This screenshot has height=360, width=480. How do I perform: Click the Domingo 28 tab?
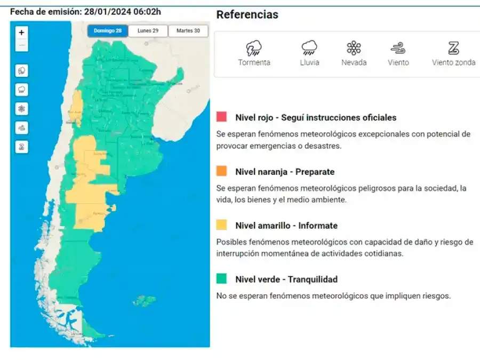pyautogui.click(x=108, y=31)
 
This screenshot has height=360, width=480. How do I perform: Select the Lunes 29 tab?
pyautogui.click(x=148, y=31)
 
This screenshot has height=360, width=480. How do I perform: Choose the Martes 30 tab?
pyautogui.click(x=188, y=31)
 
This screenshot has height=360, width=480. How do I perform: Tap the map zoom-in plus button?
pyautogui.click(x=21, y=33)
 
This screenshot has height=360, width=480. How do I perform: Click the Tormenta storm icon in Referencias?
pyautogui.click(x=254, y=49)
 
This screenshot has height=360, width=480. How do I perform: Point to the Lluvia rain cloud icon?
pyautogui.click(x=309, y=49)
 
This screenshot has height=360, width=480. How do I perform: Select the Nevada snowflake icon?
pyautogui.click(x=354, y=49)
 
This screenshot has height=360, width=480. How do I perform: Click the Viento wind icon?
pyautogui.click(x=398, y=49)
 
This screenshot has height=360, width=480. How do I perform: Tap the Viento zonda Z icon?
pyautogui.click(x=453, y=49)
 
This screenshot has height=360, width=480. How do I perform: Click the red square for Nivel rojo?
pyautogui.click(x=222, y=117)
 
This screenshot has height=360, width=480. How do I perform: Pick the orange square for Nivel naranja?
pyautogui.click(x=222, y=171)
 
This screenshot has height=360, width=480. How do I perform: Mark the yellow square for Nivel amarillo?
pyautogui.click(x=222, y=225)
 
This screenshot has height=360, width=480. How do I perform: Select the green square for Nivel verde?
pyautogui.click(x=222, y=279)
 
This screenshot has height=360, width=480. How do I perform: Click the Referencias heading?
pyautogui.click(x=247, y=15)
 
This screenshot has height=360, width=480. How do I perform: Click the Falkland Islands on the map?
pyautogui.click(x=143, y=301)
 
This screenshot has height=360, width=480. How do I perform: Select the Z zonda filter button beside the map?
pyautogui.click(x=21, y=147)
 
